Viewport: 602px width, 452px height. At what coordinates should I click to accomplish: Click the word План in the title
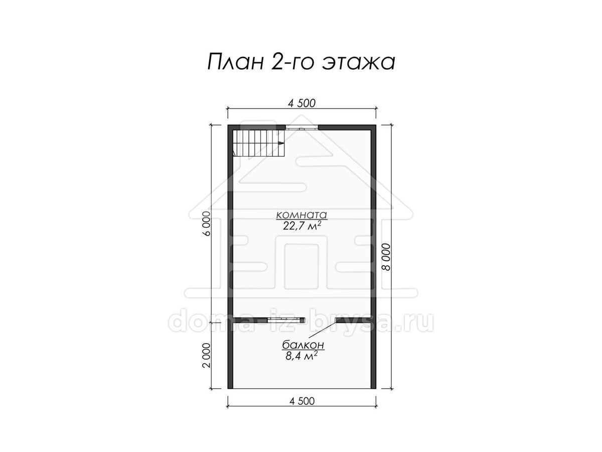[236, 62]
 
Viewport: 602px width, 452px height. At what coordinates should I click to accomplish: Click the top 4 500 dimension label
[302, 103]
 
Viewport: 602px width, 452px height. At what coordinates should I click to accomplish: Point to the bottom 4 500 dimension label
[302, 401]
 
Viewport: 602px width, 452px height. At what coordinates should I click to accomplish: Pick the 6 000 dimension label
[206, 223]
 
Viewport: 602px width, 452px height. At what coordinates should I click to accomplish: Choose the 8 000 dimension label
[386, 257]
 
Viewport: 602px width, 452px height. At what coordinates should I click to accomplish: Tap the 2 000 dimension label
[206, 356]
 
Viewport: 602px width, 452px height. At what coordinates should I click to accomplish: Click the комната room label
[301, 214]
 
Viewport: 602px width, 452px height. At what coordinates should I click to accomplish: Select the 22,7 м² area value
[302, 227]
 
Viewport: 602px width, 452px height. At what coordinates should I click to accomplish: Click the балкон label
[303, 345]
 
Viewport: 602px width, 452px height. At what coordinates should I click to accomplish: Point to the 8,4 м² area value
[302, 356]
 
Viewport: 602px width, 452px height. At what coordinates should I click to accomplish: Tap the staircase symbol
[259, 143]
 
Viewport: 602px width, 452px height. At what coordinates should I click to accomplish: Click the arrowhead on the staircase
[280, 143]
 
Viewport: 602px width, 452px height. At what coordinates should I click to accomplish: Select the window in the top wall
[302, 128]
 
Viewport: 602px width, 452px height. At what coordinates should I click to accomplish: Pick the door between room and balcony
[286, 320]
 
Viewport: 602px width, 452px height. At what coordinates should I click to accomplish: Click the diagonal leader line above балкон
[322, 329]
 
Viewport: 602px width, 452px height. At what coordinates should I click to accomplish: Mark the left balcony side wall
[230, 356]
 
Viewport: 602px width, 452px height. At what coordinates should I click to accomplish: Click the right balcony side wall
[373, 356]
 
